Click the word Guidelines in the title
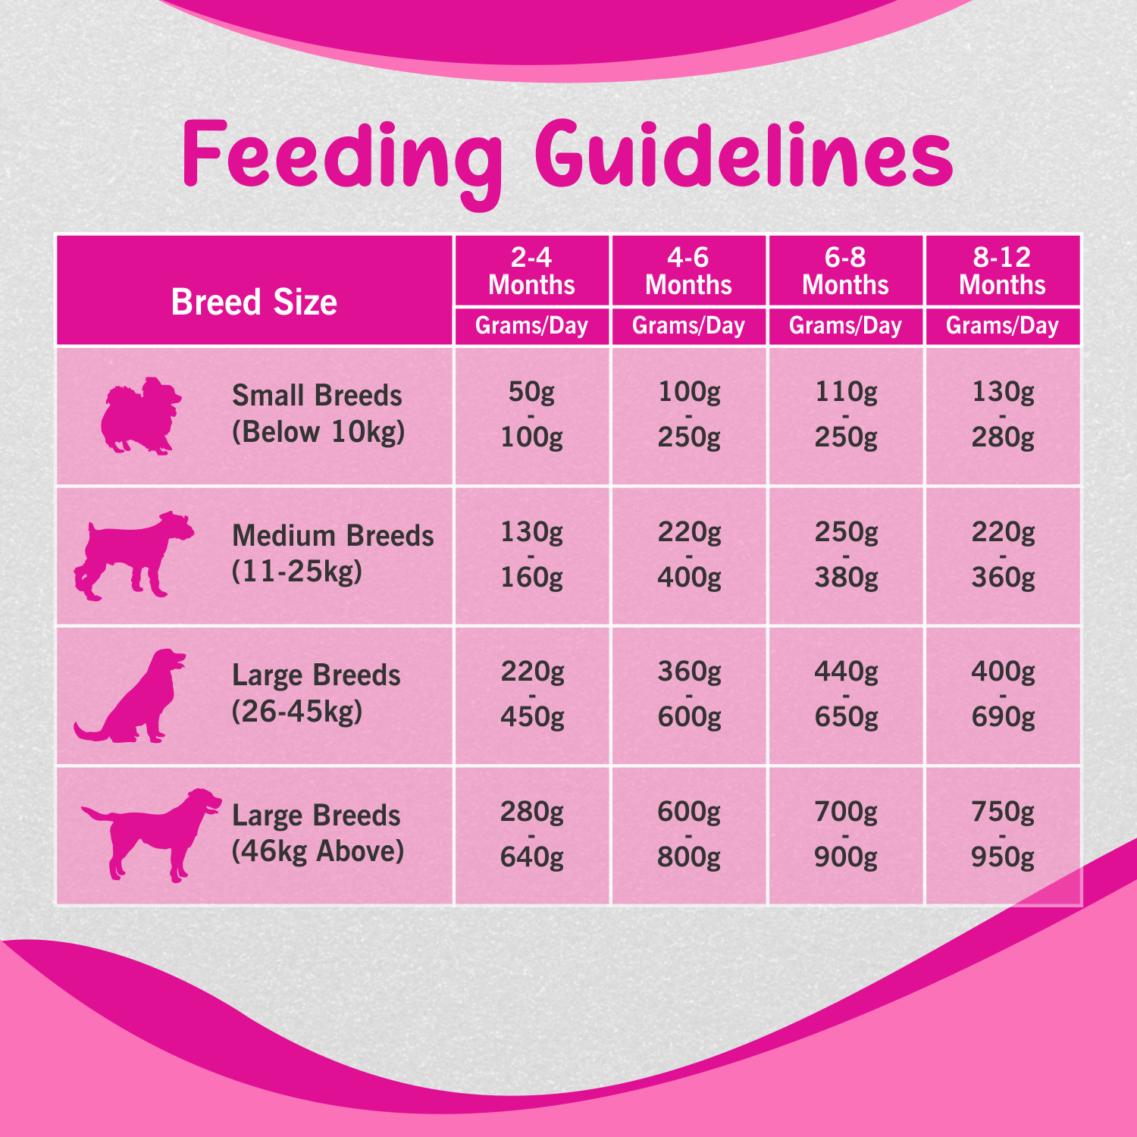click(744, 155)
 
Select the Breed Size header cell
click(254, 302)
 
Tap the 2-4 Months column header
click(531, 271)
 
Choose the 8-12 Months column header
click(1002, 271)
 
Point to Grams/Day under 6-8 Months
click(845, 326)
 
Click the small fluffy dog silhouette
click(141, 415)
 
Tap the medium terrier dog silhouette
click(133, 556)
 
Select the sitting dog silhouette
click(136, 696)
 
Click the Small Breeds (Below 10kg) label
click(318, 414)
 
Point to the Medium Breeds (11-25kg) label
click(332, 553)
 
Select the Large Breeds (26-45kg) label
click(315, 694)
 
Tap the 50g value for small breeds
click(531, 392)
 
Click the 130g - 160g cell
click(531, 555)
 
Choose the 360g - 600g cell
click(688, 694)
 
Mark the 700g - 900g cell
click(845, 835)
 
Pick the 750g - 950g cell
click(1002, 835)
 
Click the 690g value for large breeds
click(1002, 717)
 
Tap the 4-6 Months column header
click(688, 271)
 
